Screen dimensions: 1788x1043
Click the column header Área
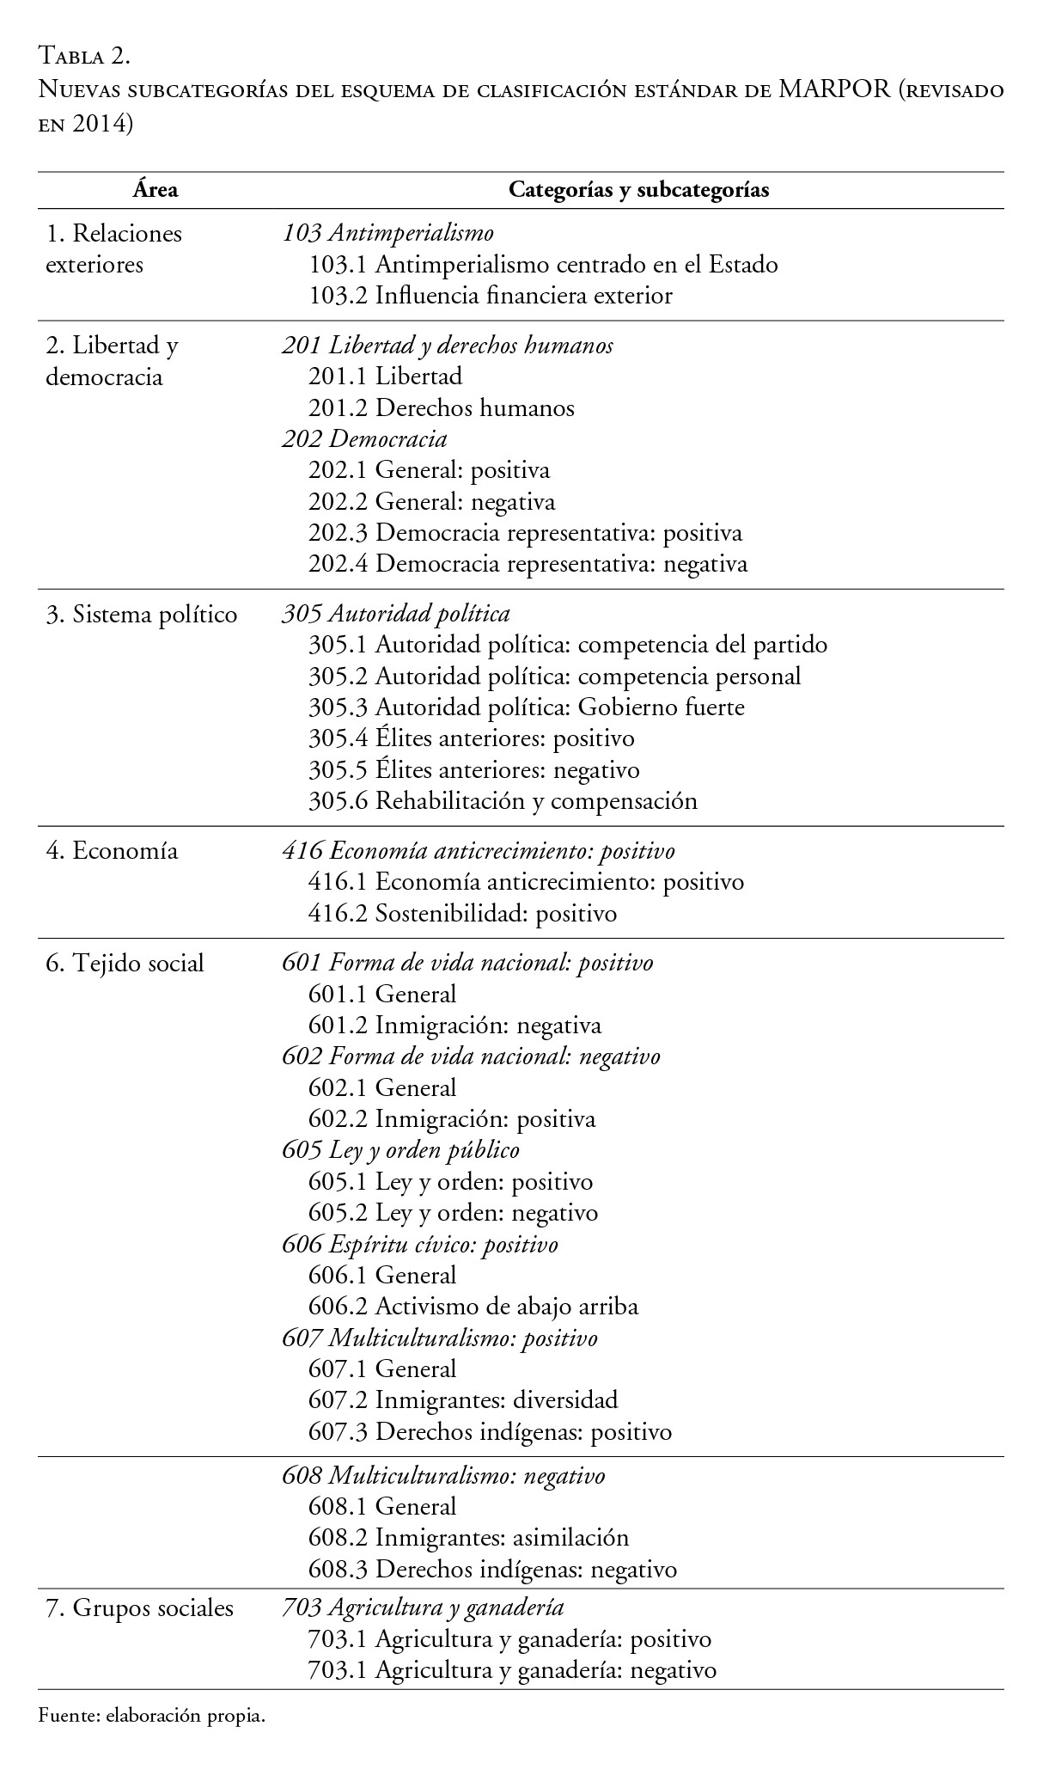click(x=156, y=190)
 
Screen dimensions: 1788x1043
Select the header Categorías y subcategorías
click(x=638, y=190)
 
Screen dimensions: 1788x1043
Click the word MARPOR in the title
click(x=834, y=89)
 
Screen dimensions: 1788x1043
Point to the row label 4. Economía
click(x=112, y=850)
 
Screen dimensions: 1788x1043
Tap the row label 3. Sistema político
click(x=141, y=614)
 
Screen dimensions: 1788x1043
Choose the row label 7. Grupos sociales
click(x=139, y=1607)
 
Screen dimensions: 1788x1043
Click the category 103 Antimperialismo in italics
click(x=387, y=232)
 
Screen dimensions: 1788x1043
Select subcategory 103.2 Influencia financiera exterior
click(x=490, y=296)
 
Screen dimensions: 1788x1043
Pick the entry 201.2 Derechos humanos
click(x=441, y=407)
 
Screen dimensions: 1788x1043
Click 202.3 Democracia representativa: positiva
click(x=525, y=533)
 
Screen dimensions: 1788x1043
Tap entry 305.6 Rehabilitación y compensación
click(x=503, y=801)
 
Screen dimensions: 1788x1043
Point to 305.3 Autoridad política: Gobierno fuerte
click(x=526, y=707)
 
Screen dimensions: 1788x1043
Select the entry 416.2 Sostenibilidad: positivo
click(x=462, y=913)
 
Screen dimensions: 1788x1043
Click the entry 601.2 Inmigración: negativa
click(x=454, y=1026)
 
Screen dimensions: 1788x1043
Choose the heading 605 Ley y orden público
click(x=400, y=1150)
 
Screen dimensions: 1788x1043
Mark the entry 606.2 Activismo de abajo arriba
click(x=473, y=1307)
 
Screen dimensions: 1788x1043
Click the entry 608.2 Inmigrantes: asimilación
click(x=468, y=1538)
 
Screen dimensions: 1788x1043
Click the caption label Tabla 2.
click(x=84, y=57)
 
